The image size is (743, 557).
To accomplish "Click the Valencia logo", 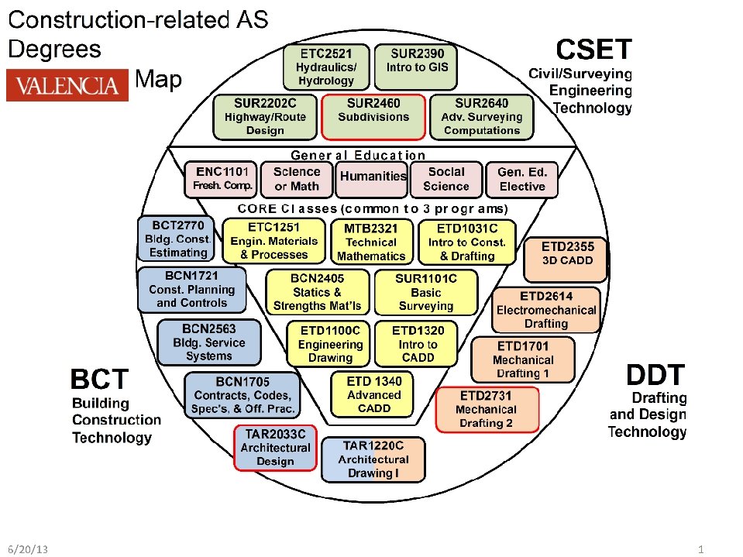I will (67, 85).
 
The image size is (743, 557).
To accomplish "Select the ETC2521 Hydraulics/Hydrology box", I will (326, 67).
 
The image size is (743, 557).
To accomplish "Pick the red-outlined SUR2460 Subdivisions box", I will (373, 116).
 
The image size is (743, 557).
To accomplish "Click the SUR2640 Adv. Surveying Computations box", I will (481, 116).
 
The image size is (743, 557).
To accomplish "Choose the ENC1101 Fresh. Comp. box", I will (221, 178).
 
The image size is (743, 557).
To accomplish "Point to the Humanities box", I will (373, 177).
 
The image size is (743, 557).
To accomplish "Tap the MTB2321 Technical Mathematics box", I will (371, 242).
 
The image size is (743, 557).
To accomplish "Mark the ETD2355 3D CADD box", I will (568, 253).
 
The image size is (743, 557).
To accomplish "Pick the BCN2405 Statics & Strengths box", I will (318, 291).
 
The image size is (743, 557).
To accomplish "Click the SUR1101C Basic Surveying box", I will (425, 291).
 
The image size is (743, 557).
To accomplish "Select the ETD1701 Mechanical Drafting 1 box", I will (523, 359).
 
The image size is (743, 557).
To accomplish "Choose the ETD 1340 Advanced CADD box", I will (374, 394).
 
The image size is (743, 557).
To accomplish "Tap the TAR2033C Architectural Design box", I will (275, 448).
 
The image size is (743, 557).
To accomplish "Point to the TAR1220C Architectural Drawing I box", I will (373, 459).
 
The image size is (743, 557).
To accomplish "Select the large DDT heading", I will (655, 376).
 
